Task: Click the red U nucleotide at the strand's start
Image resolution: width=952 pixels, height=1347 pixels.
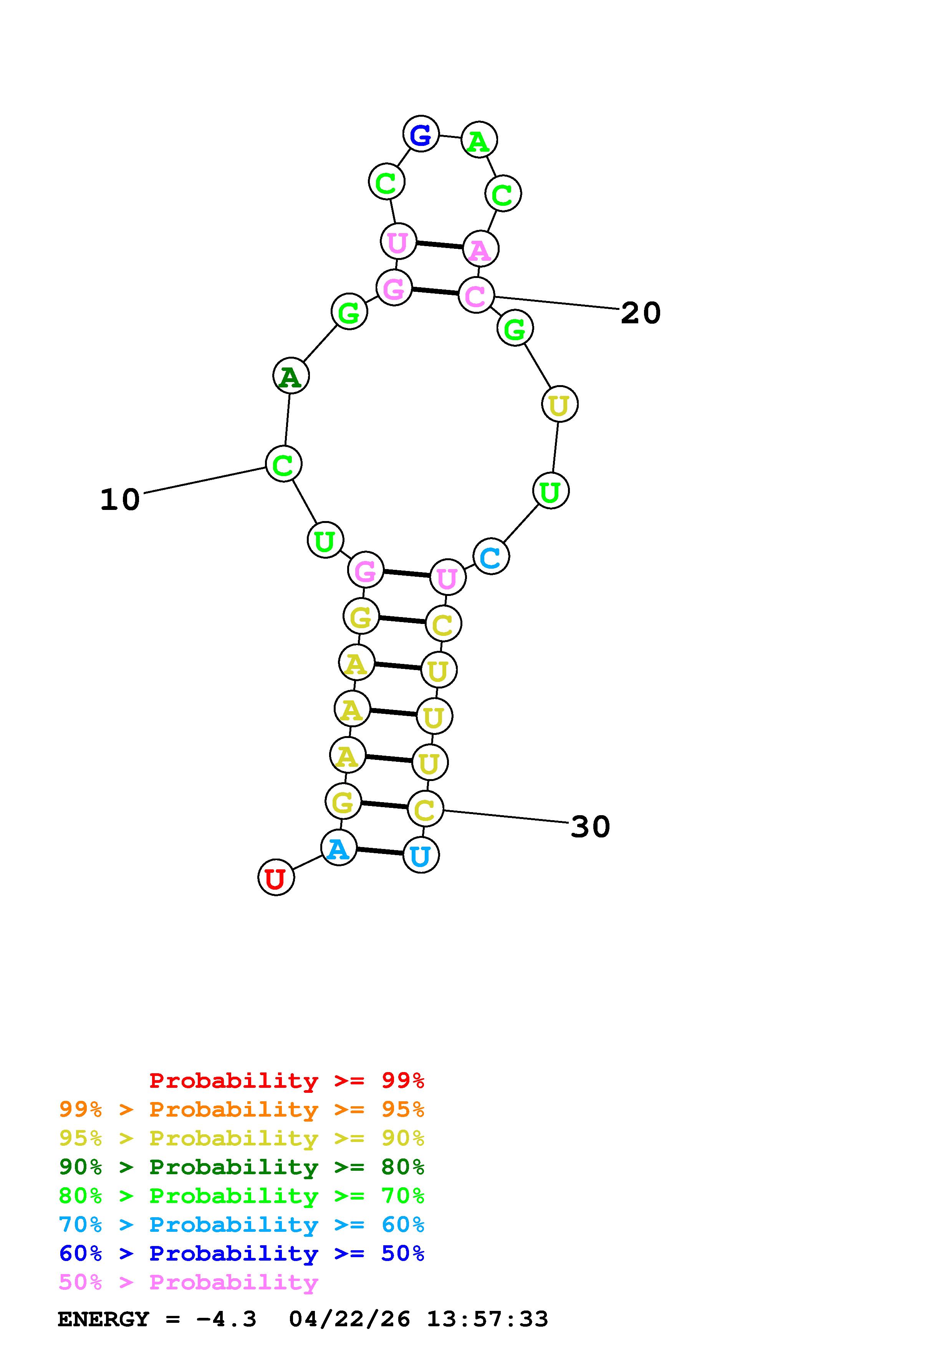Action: click(276, 878)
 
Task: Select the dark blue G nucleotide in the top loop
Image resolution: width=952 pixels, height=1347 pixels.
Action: click(421, 134)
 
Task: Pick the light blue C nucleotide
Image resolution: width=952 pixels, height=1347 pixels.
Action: click(491, 557)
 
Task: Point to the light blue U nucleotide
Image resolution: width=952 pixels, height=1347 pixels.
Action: click(421, 856)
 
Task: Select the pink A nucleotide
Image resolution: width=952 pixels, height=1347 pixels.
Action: click(480, 249)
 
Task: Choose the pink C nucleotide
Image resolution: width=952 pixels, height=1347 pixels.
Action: click(476, 295)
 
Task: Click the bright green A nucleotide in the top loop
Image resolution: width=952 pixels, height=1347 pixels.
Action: click(479, 141)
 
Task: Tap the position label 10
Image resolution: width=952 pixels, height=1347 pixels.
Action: click(120, 500)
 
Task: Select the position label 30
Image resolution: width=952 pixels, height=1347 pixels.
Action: click(590, 827)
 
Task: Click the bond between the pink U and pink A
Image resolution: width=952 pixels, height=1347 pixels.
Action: click(439, 245)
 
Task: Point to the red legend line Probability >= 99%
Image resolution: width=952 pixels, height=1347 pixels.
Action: click(287, 1081)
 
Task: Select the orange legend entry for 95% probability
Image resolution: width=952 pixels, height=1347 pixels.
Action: click(242, 1109)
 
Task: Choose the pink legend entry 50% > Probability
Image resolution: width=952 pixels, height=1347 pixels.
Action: click(188, 1282)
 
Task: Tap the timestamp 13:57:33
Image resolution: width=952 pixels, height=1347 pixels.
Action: click(487, 1319)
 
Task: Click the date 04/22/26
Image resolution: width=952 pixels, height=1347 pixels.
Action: click(349, 1319)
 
